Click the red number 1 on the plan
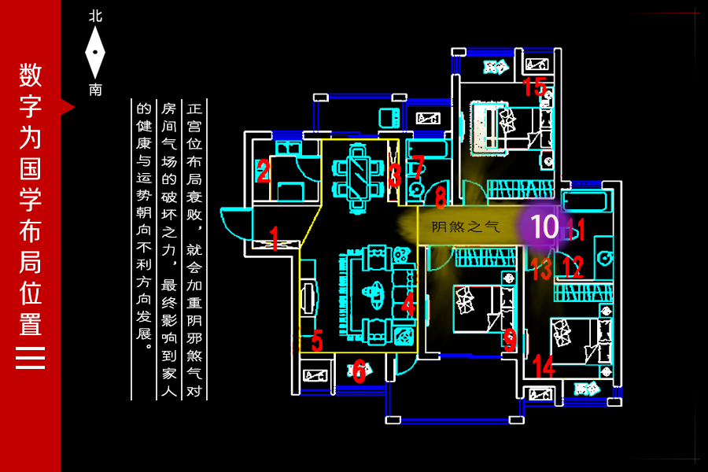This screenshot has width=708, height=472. click(x=274, y=236)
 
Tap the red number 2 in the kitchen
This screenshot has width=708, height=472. click(x=264, y=171)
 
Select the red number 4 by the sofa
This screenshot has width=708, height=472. click(x=407, y=304)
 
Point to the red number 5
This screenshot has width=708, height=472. click(x=317, y=341)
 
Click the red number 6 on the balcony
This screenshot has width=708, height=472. click(x=360, y=371)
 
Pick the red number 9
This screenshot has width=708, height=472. click(x=510, y=340)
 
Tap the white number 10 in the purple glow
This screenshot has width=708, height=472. click(x=544, y=227)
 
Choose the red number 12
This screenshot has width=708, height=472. click(x=573, y=267)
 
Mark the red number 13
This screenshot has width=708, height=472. click(x=541, y=269)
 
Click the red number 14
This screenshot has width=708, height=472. click(x=544, y=366)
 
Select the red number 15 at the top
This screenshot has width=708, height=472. click(x=534, y=86)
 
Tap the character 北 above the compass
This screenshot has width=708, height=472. click(x=95, y=16)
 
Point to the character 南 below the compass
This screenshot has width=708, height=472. click(x=95, y=90)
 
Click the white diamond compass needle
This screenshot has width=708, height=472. click(x=95, y=52)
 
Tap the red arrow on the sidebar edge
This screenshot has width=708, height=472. click(x=68, y=106)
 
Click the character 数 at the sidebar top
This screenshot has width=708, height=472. click(x=31, y=76)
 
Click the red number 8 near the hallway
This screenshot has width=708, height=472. click(x=441, y=197)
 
